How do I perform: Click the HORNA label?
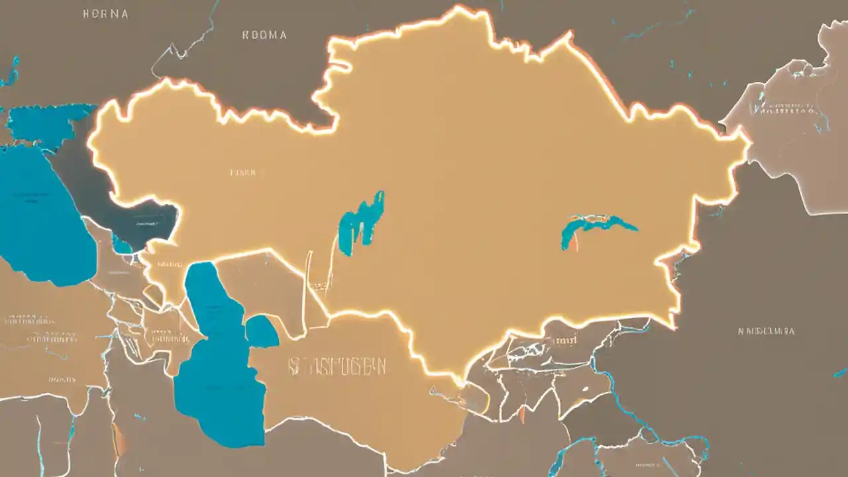click(x=105, y=13)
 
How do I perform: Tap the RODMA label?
click(x=265, y=35)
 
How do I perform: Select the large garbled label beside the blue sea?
click(x=338, y=366)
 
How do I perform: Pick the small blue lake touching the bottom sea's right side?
click(x=262, y=332)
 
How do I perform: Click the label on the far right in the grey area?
click(x=766, y=331)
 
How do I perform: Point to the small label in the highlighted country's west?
click(x=242, y=172)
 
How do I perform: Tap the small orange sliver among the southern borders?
click(x=522, y=414)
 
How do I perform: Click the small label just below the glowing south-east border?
click(x=564, y=341)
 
